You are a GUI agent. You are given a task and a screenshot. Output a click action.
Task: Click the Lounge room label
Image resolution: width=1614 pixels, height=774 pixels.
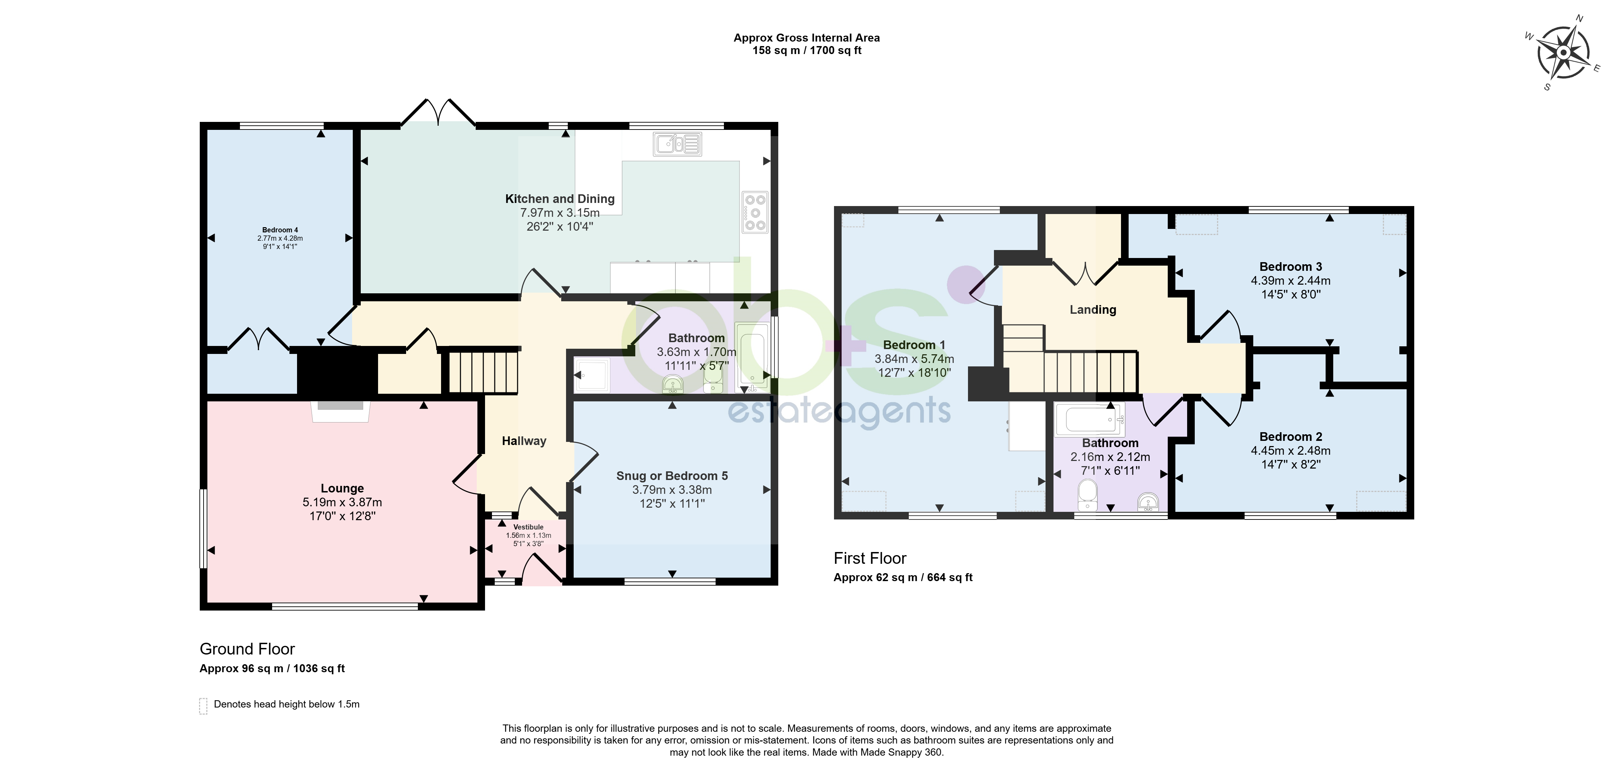[x=342, y=488]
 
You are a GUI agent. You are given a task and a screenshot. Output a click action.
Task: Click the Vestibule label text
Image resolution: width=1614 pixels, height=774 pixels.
[x=528, y=527]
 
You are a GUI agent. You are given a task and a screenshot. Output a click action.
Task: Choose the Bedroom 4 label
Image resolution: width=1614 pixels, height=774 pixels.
[x=280, y=230]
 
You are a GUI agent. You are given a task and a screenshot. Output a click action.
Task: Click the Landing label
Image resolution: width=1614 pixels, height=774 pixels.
[x=1093, y=310]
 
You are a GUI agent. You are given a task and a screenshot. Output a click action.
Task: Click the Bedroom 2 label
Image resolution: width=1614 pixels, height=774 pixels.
[x=1291, y=437]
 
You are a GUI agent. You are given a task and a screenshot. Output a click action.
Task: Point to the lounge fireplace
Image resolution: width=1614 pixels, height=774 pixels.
[x=340, y=410]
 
